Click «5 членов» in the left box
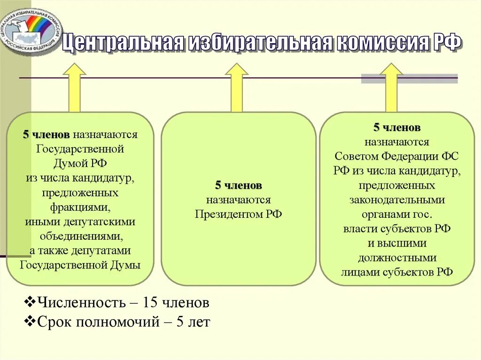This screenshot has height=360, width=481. point(47,135)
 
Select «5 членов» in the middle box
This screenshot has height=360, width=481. point(239,185)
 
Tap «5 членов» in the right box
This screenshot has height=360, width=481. point(397,127)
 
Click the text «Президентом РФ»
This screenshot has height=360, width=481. point(239,214)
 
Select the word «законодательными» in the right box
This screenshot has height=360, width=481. point(397,200)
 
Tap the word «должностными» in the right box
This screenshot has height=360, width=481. point(397,258)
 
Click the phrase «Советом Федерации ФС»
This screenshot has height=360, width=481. point(397,156)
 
